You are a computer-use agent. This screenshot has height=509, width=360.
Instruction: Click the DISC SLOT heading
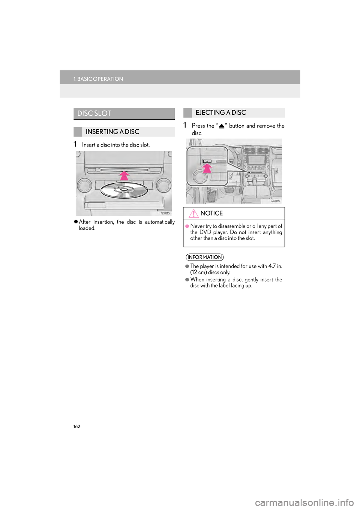coord(94,113)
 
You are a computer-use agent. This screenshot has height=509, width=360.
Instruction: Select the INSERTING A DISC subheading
coord(112,132)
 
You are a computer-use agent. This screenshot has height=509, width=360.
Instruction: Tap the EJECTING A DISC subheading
coord(220,112)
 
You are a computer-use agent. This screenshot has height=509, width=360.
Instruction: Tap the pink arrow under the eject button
coord(207,169)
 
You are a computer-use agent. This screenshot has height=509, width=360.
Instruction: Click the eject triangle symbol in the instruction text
coord(222,126)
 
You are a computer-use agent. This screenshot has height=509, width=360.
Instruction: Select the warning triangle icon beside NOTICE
coord(193,213)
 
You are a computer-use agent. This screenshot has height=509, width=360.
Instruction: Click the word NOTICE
coord(211,213)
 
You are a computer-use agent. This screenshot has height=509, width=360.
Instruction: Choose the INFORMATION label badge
coord(204,257)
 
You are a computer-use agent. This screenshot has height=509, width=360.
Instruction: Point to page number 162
coord(77,427)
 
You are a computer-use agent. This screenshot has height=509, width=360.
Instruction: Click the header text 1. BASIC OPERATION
coord(98,79)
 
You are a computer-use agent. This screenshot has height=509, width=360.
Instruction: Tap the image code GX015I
coord(166,213)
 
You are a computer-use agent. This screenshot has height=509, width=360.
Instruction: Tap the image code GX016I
coord(275,201)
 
